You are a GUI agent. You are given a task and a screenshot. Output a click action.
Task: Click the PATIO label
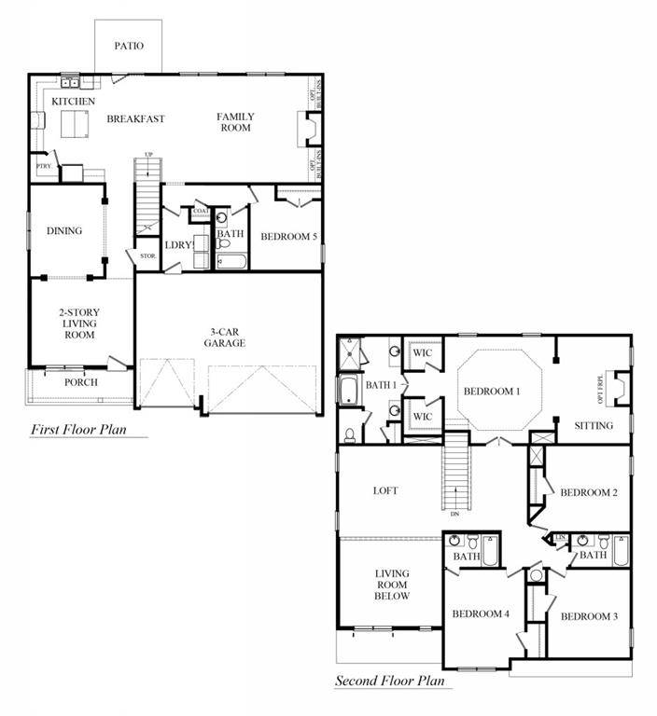pyautogui.click(x=129, y=46)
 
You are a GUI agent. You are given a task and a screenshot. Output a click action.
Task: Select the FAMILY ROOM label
pyautogui.click(x=235, y=122)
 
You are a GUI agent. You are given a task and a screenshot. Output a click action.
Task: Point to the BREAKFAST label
pyautogui.click(x=135, y=118)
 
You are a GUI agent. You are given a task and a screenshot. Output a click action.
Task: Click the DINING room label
pyautogui.click(x=64, y=231)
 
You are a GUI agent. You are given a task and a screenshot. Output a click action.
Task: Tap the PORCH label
pyautogui.click(x=80, y=382)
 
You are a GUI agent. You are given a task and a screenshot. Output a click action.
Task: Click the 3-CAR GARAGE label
pyautogui.click(x=226, y=337)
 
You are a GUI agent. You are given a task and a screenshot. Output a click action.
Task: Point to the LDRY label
pyautogui.click(x=177, y=245)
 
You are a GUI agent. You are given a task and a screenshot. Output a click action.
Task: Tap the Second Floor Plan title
pyautogui.click(x=393, y=682)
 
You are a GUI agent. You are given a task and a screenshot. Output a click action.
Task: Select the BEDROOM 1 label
pyautogui.click(x=491, y=391)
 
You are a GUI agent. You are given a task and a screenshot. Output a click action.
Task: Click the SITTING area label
pyautogui.click(x=594, y=425)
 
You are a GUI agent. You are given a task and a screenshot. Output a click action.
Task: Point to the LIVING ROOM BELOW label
pyautogui.click(x=393, y=585)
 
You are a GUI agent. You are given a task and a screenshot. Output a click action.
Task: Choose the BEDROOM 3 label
pyautogui.click(x=588, y=616)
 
